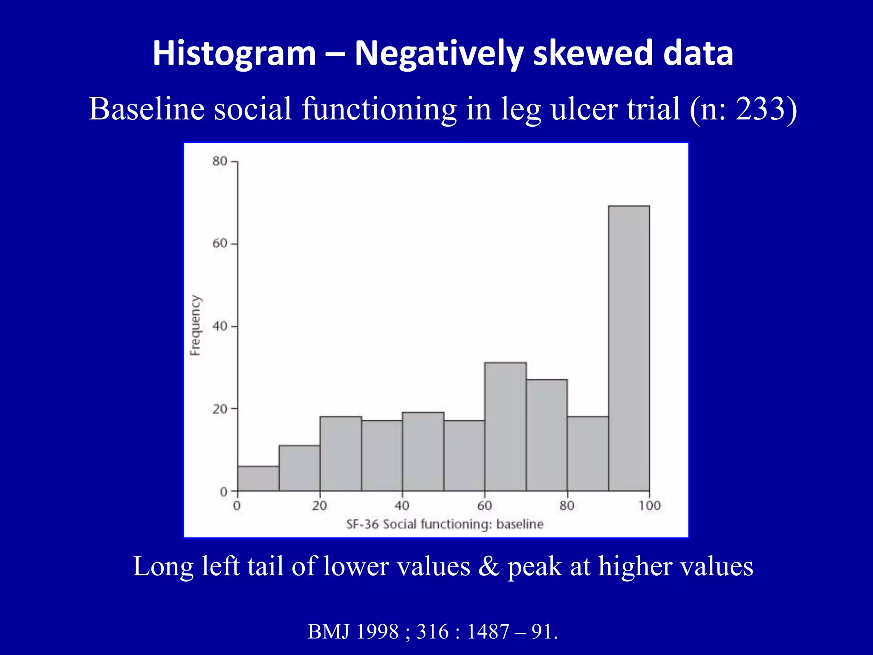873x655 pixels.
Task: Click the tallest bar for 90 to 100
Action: pyautogui.click(x=629, y=348)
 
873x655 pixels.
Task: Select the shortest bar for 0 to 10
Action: pyautogui.click(x=258, y=478)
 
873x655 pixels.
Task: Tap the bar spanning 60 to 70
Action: pyautogui.click(x=505, y=426)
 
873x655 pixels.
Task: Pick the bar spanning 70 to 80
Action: pyautogui.click(x=546, y=435)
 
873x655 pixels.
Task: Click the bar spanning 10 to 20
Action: pyautogui.click(x=299, y=468)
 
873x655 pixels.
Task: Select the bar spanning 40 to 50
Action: pyautogui.click(x=423, y=451)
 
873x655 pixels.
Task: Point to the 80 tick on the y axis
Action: pyautogui.click(x=220, y=161)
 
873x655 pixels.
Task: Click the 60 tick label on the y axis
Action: pyautogui.click(x=220, y=243)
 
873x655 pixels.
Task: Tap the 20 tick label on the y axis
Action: pyautogui.click(x=220, y=409)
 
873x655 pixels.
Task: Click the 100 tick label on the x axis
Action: pyautogui.click(x=649, y=506)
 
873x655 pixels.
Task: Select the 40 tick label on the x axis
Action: pyautogui.click(x=402, y=506)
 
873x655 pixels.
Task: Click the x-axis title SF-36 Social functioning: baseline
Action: pyautogui.click(x=445, y=524)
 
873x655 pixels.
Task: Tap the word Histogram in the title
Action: pyautogui.click(x=234, y=54)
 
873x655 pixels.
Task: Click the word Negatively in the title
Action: pyautogui.click(x=439, y=54)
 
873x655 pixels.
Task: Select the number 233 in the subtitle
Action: pyautogui.click(x=760, y=109)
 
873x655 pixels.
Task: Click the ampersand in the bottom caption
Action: pyautogui.click(x=489, y=567)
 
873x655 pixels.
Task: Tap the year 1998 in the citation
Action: pyautogui.click(x=377, y=632)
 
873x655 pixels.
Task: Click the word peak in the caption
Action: pyautogui.click(x=535, y=567)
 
